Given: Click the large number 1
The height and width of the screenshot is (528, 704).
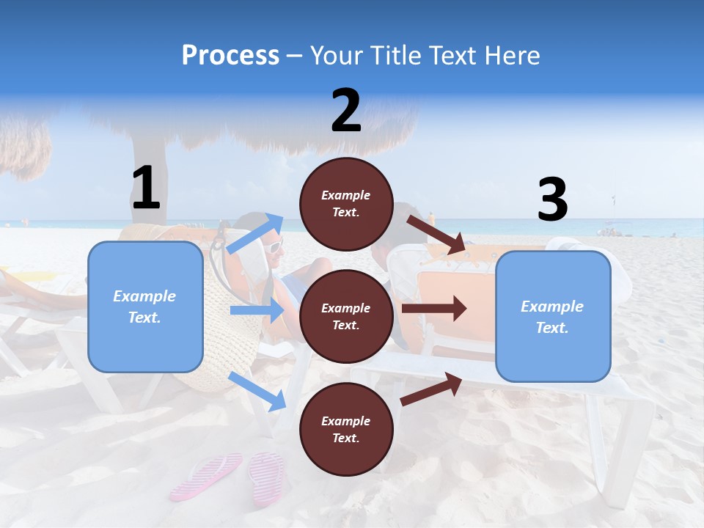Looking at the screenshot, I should [x=146, y=188].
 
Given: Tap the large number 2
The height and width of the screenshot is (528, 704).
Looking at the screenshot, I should [x=346, y=111].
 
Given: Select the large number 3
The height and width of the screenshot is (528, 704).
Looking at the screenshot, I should [x=553, y=199].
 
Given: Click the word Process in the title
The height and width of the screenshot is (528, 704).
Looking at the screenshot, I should [x=230, y=55].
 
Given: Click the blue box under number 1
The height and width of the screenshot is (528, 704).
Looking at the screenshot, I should [x=145, y=307].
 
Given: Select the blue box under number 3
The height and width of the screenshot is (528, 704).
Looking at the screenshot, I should [x=553, y=316].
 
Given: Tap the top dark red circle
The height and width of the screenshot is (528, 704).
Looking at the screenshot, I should [x=346, y=204].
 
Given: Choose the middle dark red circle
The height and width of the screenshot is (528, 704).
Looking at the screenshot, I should [x=346, y=316].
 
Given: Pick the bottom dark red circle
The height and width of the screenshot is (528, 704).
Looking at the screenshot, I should [x=346, y=429].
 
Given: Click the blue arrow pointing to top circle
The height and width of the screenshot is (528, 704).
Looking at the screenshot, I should [x=256, y=234].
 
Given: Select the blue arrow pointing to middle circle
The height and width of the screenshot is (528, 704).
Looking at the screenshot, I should [x=257, y=310].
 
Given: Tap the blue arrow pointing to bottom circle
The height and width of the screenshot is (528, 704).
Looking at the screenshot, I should [x=257, y=391].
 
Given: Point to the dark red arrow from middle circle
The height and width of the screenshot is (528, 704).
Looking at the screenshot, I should [x=433, y=308].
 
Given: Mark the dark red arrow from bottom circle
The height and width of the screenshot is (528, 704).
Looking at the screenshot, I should [x=431, y=389].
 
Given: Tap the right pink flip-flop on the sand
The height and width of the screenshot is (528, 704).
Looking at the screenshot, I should [x=266, y=477].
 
